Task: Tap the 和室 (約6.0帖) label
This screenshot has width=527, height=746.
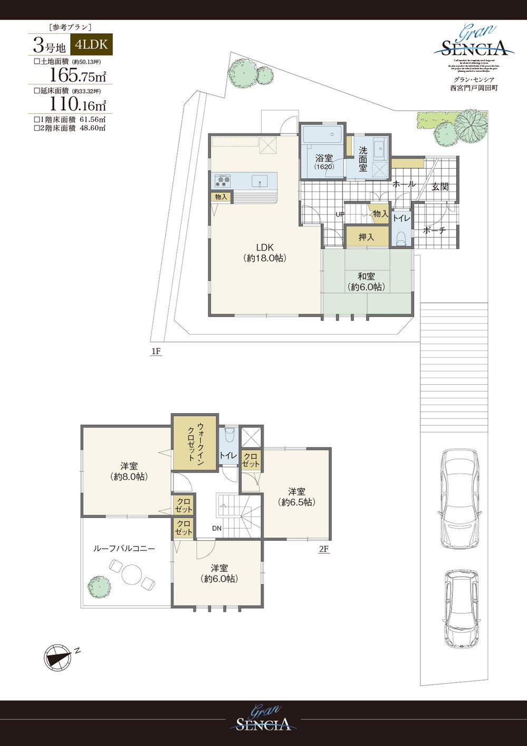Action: (366, 282)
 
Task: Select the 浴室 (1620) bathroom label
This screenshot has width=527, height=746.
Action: (323, 161)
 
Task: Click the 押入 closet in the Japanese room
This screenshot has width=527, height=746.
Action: (366, 237)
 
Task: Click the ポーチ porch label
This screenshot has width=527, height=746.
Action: (435, 231)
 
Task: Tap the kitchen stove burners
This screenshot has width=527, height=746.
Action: (222, 181)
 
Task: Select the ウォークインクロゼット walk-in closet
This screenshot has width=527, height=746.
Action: (195, 442)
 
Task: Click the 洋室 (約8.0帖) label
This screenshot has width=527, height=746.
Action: (129, 471)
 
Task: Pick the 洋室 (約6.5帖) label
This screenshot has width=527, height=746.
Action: (296, 496)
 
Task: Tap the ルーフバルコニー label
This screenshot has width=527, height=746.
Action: (124, 549)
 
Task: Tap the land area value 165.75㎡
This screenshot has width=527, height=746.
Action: (78, 75)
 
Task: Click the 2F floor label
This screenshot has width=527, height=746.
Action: (323, 549)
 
